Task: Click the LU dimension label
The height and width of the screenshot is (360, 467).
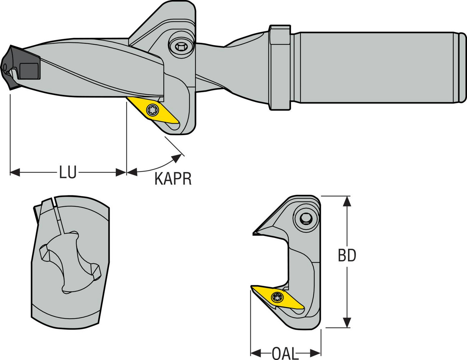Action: click(x=68, y=172)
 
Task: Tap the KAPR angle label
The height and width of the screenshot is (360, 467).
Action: click(x=173, y=179)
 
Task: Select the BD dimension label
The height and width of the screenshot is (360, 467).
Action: click(x=347, y=256)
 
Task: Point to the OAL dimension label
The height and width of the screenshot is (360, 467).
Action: click(x=285, y=353)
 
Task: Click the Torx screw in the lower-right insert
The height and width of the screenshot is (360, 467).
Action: click(x=278, y=296)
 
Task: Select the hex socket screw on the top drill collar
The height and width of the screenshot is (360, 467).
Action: click(x=180, y=47)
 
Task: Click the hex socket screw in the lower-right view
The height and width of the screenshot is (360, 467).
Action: click(x=306, y=218)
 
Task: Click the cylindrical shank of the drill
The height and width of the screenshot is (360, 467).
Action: click(x=374, y=67)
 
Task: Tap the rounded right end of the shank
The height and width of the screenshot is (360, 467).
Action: click(x=462, y=67)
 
